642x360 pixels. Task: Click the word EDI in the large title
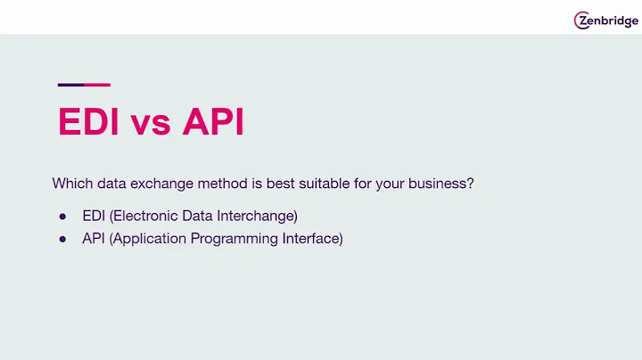pyautogui.click(x=88, y=122)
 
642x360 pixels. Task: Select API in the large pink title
pyautogui.click(x=213, y=122)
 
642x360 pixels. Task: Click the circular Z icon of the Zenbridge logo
pyautogui.click(x=582, y=20)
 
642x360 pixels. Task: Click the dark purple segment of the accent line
pyautogui.click(x=70, y=85)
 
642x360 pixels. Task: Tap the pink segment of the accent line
pyautogui.click(x=97, y=85)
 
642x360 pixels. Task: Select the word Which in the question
pyautogui.click(x=70, y=184)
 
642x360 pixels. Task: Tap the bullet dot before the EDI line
pyautogui.click(x=62, y=217)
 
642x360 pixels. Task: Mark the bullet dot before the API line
pyautogui.click(x=62, y=240)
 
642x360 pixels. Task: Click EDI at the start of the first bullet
pyautogui.click(x=93, y=216)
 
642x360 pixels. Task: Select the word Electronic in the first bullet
pyautogui.click(x=144, y=216)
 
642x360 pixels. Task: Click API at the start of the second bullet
pyautogui.click(x=93, y=239)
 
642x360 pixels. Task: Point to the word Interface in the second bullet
pyautogui.click(x=312, y=239)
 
